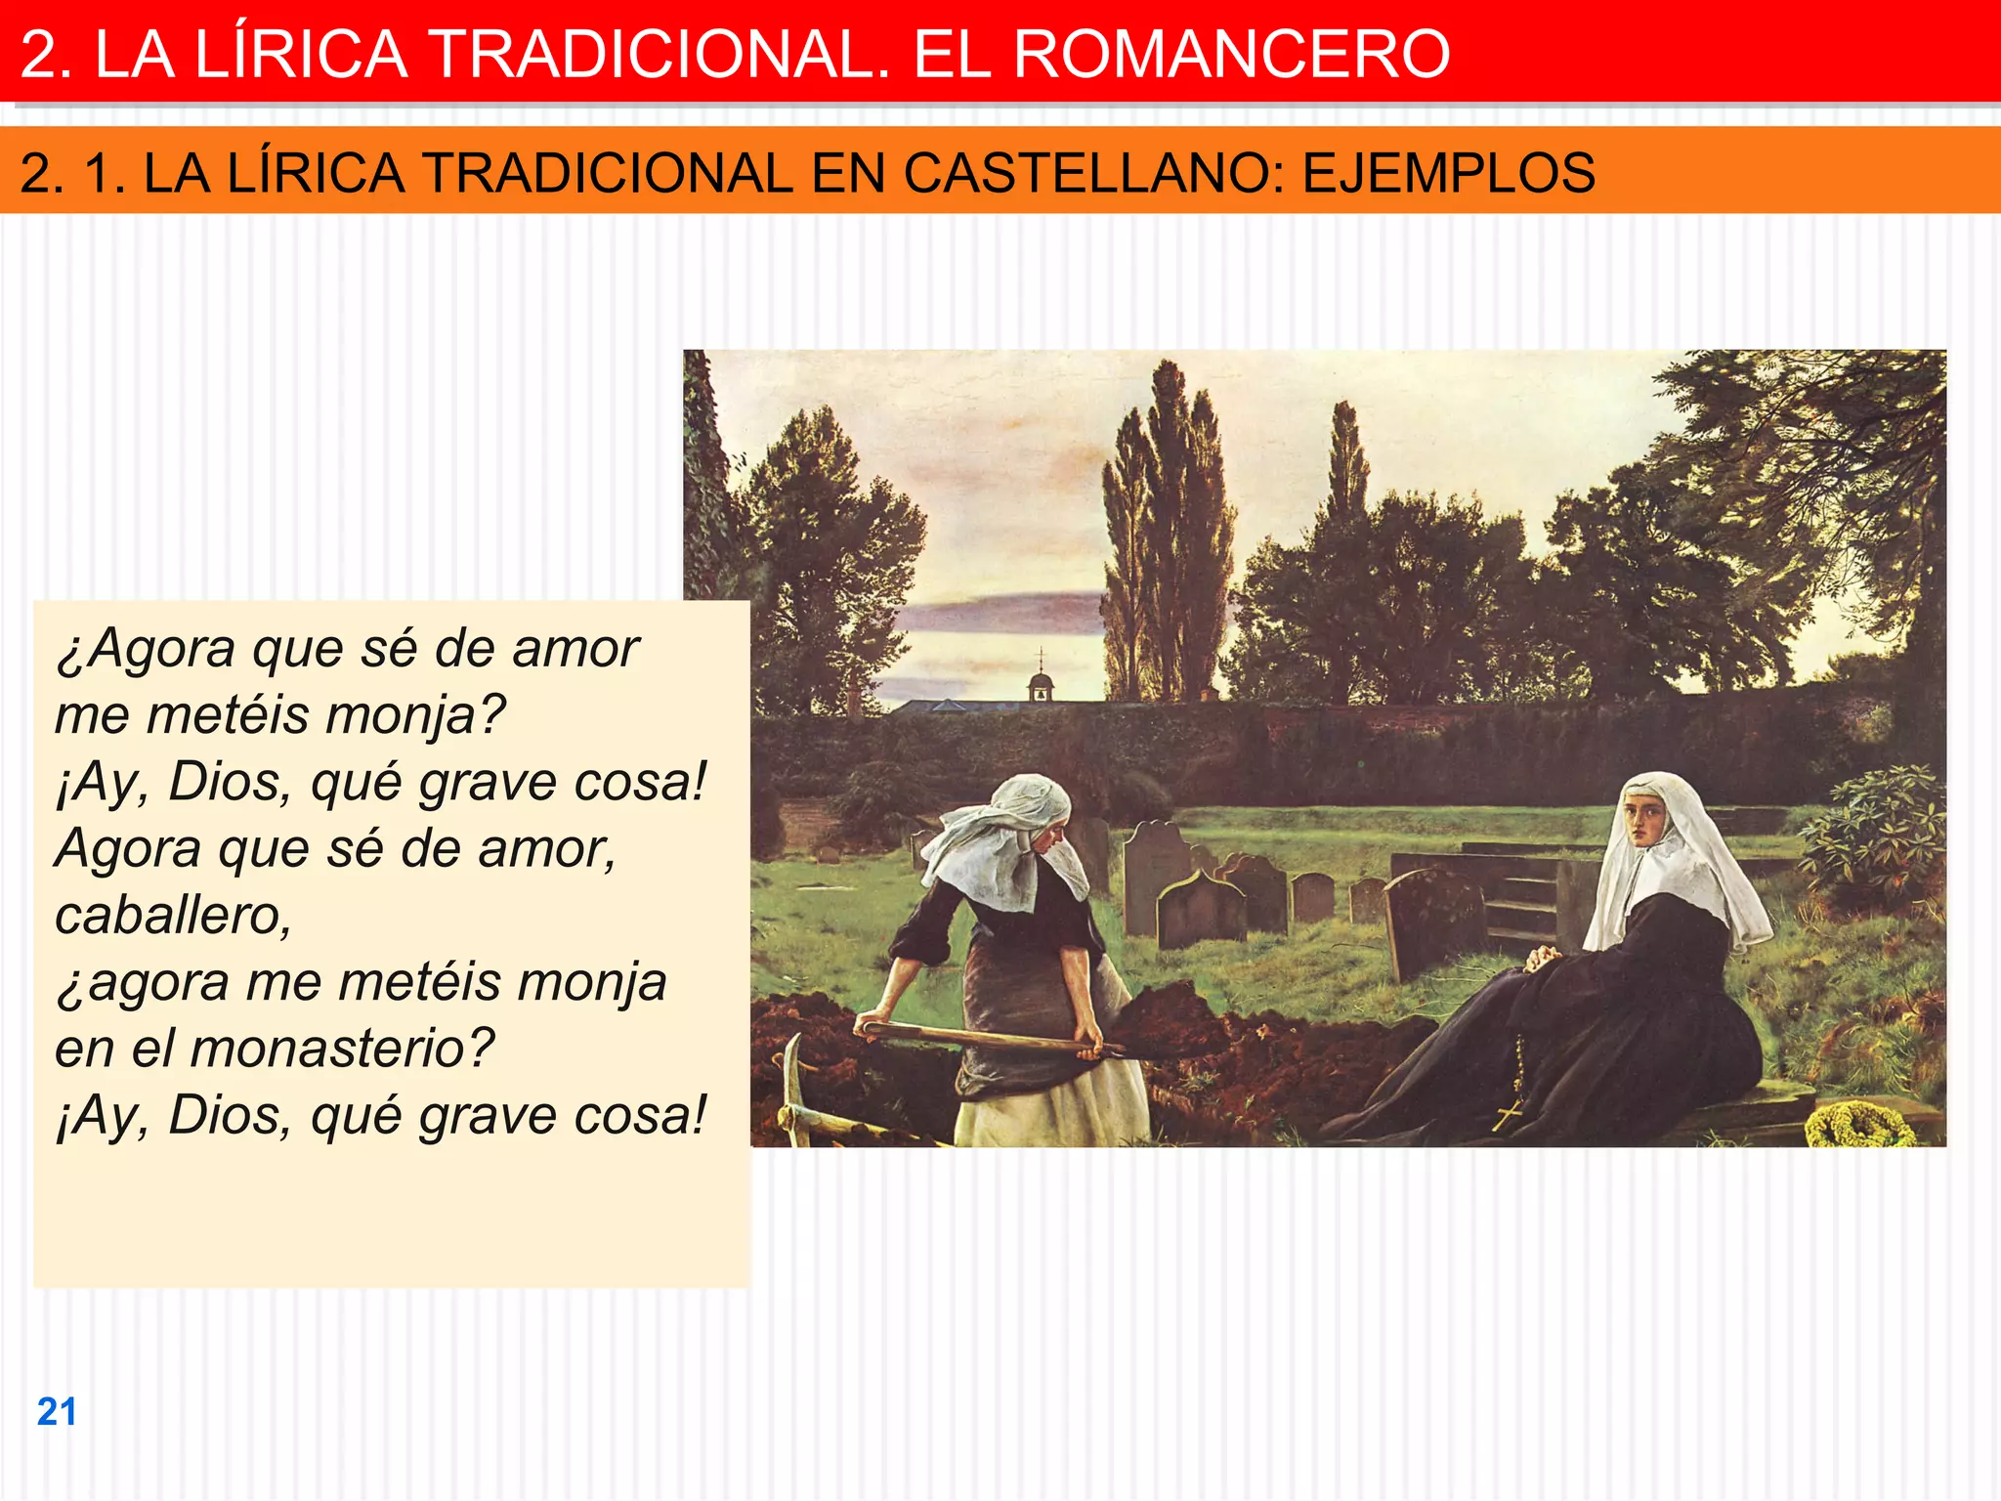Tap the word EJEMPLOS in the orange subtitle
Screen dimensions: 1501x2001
1449,174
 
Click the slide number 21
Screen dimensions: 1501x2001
57,1412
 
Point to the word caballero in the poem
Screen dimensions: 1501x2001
173,916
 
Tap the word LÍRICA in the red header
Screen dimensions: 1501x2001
301,54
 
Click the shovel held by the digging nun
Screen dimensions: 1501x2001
987,1038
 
